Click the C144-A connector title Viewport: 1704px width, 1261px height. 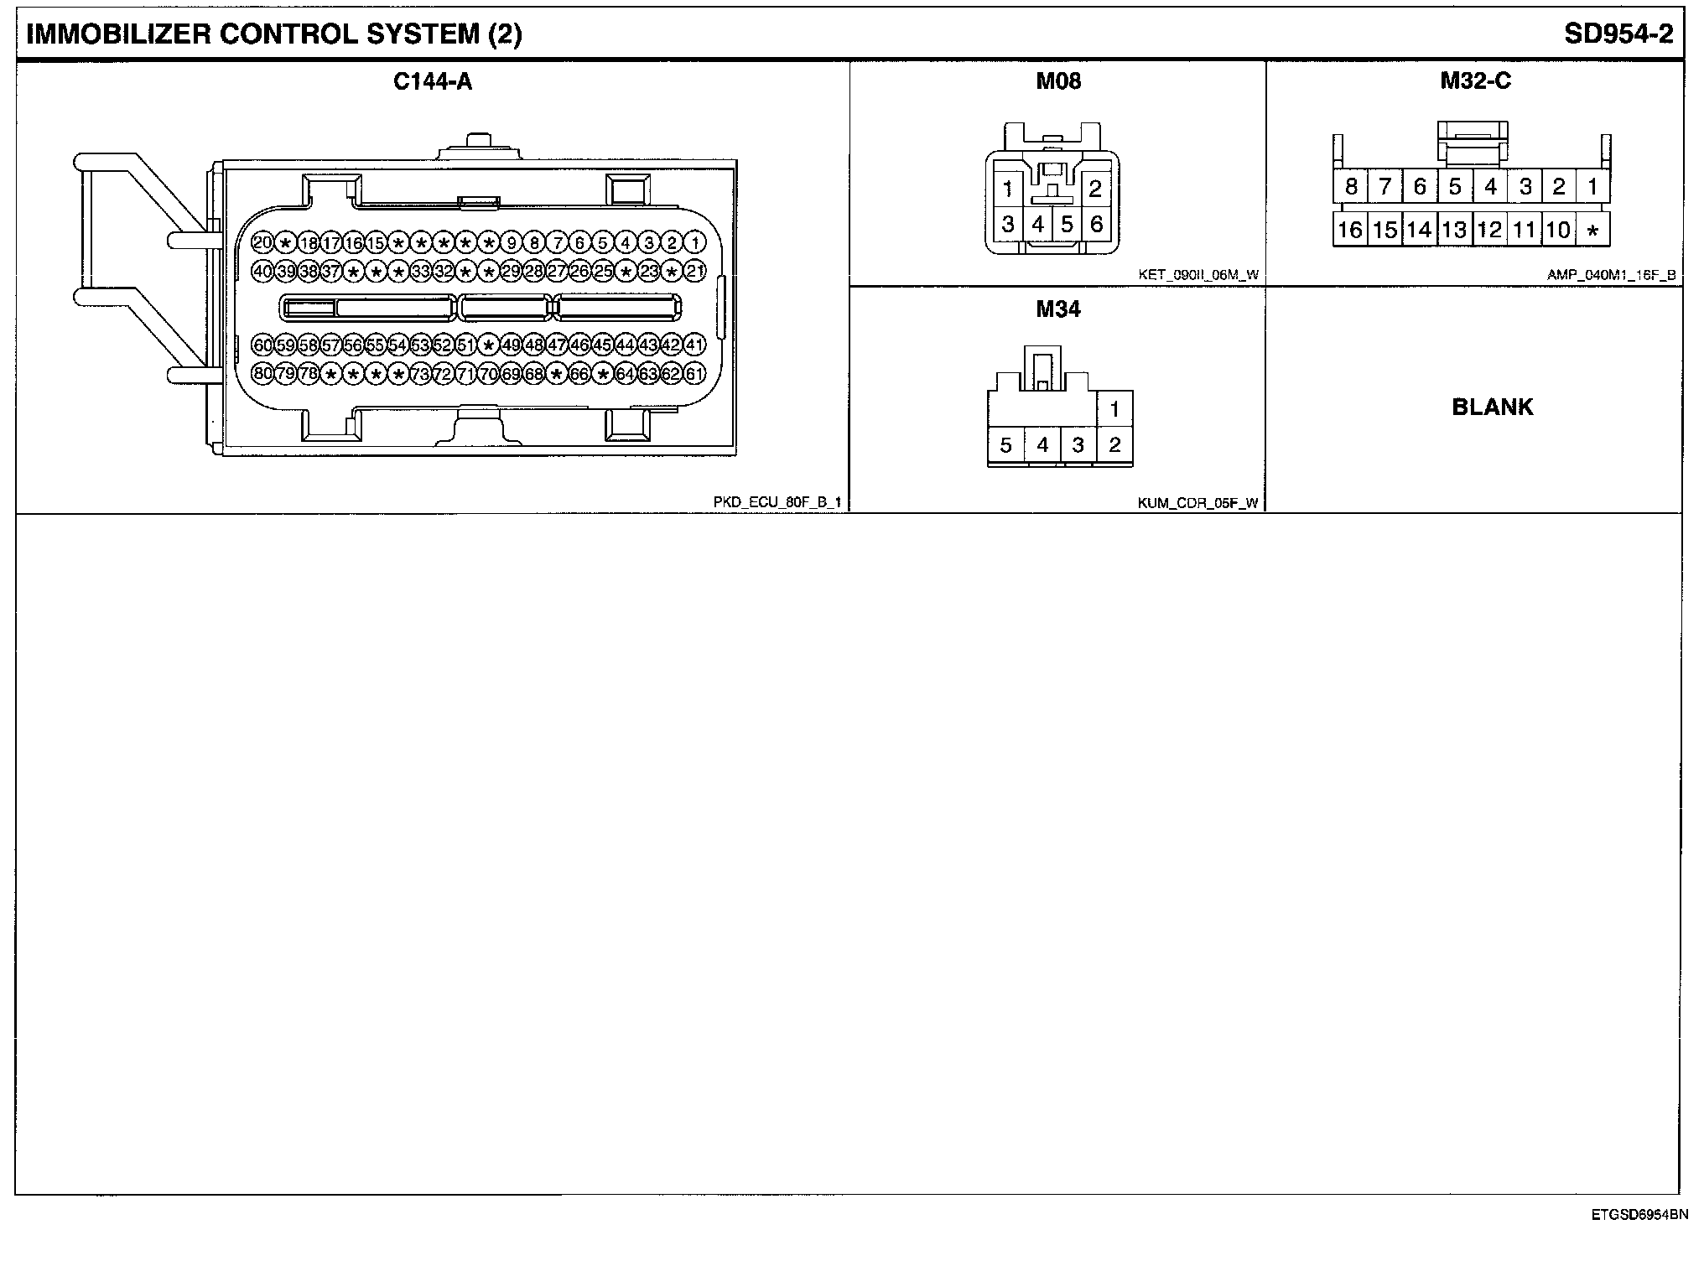click(433, 81)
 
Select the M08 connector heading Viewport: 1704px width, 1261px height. click(1058, 81)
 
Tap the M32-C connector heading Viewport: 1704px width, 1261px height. click(1475, 81)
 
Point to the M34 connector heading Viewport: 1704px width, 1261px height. click(1058, 309)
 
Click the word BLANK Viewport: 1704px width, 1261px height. click(1492, 407)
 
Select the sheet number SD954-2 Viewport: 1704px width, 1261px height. click(1618, 34)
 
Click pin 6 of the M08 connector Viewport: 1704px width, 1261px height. click(1096, 224)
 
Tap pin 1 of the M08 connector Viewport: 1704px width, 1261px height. click(1008, 189)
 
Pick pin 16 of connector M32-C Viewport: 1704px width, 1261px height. click(1350, 230)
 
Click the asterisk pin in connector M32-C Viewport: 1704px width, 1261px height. click(1592, 230)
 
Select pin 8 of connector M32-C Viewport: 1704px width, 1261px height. click(1350, 186)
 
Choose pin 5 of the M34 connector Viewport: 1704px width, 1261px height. click(1006, 445)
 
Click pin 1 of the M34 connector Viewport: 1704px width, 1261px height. click(1114, 409)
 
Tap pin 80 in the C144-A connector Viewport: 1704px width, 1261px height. click(262, 373)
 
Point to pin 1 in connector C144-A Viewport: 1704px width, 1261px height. click(695, 243)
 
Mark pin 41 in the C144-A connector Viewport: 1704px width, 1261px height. click(694, 345)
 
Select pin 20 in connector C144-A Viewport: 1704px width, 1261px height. click(262, 243)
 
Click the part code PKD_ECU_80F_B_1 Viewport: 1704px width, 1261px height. click(777, 502)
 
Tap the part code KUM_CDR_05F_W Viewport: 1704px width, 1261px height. click(1197, 503)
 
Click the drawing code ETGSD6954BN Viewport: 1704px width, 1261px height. click(1639, 1213)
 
